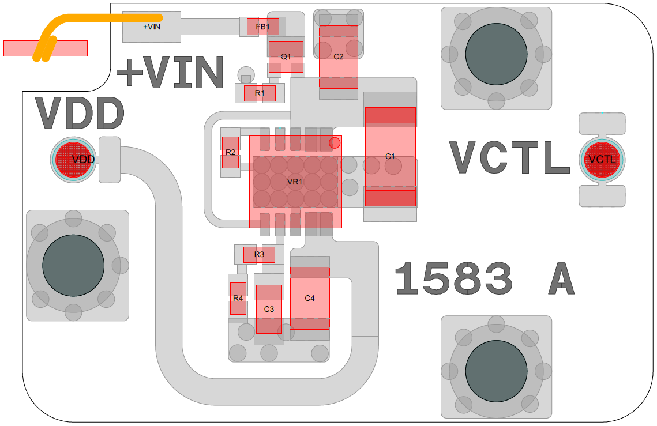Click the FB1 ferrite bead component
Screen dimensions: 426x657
(263, 27)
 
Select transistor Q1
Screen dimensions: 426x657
(286, 56)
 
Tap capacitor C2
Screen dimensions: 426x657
(339, 56)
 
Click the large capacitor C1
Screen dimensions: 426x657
(390, 156)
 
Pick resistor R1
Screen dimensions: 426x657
(260, 93)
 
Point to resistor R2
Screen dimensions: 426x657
(231, 152)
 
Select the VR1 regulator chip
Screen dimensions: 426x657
(295, 182)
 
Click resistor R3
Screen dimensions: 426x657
(259, 254)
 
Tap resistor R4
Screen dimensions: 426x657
(238, 298)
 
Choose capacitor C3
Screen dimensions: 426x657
(269, 309)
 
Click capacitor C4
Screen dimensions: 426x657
(310, 298)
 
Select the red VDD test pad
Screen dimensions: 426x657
(73, 159)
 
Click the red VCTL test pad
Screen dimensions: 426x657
(602, 159)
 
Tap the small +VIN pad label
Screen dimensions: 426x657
(152, 27)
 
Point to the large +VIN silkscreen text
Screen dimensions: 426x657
(170, 73)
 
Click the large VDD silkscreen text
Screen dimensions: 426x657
(80, 114)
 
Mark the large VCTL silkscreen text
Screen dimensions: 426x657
(509, 158)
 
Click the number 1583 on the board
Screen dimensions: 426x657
(453, 279)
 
